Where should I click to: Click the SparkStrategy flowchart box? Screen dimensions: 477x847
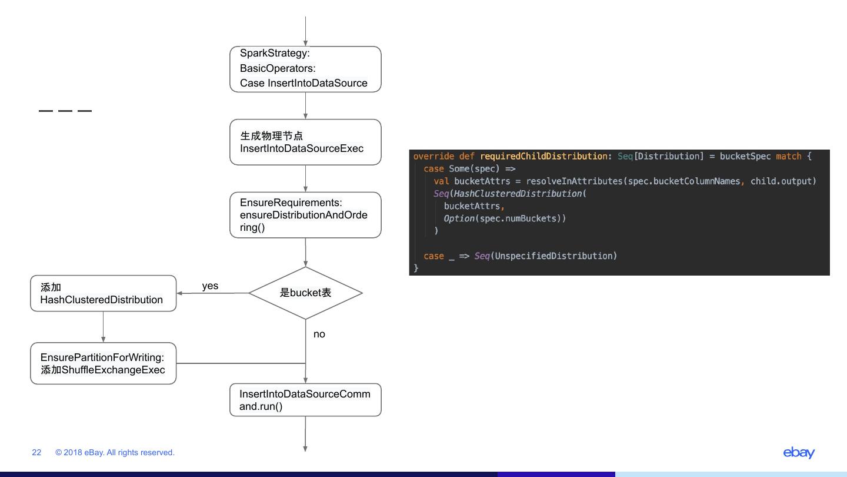(305, 69)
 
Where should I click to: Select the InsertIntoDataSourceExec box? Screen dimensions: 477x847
(305, 142)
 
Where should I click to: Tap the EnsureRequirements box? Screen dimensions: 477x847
(305, 215)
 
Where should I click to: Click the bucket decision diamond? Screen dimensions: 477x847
(305, 293)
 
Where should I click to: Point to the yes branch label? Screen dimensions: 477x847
(210, 286)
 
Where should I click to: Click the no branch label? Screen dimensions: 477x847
(319, 334)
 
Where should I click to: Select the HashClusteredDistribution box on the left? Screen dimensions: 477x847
(103, 293)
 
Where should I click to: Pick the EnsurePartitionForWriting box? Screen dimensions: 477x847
(103, 363)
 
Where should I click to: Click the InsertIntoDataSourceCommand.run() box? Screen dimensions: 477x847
(305, 400)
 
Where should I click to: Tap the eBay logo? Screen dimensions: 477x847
(799, 452)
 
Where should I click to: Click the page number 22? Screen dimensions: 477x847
(36, 452)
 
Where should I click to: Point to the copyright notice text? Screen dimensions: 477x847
(115, 452)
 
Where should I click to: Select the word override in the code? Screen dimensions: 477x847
(433, 156)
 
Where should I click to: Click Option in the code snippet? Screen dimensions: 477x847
(459, 218)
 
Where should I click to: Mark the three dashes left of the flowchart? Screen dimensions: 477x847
(65, 111)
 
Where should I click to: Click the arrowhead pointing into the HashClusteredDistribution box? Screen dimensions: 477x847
(180, 293)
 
